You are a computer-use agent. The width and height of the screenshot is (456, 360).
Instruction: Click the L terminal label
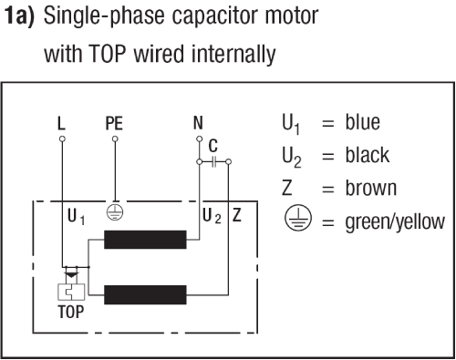pyautogui.click(x=61, y=123)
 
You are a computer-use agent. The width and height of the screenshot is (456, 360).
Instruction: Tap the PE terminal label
pyautogui.click(x=114, y=123)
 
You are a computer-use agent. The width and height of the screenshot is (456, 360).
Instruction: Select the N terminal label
pyautogui.click(x=198, y=123)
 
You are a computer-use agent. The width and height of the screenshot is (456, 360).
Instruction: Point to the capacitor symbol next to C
pyautogui.click(x=214, y=162)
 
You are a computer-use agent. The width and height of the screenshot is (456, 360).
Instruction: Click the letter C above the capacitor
pyautogui.click(x=213, y=146)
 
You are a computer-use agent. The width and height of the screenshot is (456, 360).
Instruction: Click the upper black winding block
pyautogui.click(x=145, y=240)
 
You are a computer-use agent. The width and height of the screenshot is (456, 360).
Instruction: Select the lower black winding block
pyautogui.click(x=145, y=294)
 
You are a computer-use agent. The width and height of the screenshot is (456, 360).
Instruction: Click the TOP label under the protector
pyautogui.click(x=71, y=312)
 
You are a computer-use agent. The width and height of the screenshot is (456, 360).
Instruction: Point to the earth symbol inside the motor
pyautogui.click(x=115, y=211)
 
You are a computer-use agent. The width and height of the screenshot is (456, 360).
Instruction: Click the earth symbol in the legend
pyautogui.click(x=298, y=218)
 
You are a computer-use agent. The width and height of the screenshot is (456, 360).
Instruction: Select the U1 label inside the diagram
pyautogui.click(x=77, y=216)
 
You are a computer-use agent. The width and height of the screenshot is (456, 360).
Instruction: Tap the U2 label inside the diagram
pyautogui.click(x=212, y=216)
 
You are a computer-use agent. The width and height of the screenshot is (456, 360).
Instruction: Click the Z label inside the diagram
pyautogui.click(x=237, y=215)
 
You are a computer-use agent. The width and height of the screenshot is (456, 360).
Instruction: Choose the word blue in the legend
pyautogui.click(x=362, y=122)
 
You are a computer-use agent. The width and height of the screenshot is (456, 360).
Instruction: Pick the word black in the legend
pyautogui.click(x=368, y=155)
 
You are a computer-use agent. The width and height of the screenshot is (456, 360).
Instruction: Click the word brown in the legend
pyautogui.click(x=371, y=188)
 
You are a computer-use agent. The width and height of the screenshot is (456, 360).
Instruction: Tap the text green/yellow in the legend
pyautogui.click(x=395, y=222)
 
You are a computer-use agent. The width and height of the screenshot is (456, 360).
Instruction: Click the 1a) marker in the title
pyautogui.click(x=20, y=16)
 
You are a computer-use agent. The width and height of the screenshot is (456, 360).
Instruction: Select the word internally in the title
pyautogui.click(x=233, y=55)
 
